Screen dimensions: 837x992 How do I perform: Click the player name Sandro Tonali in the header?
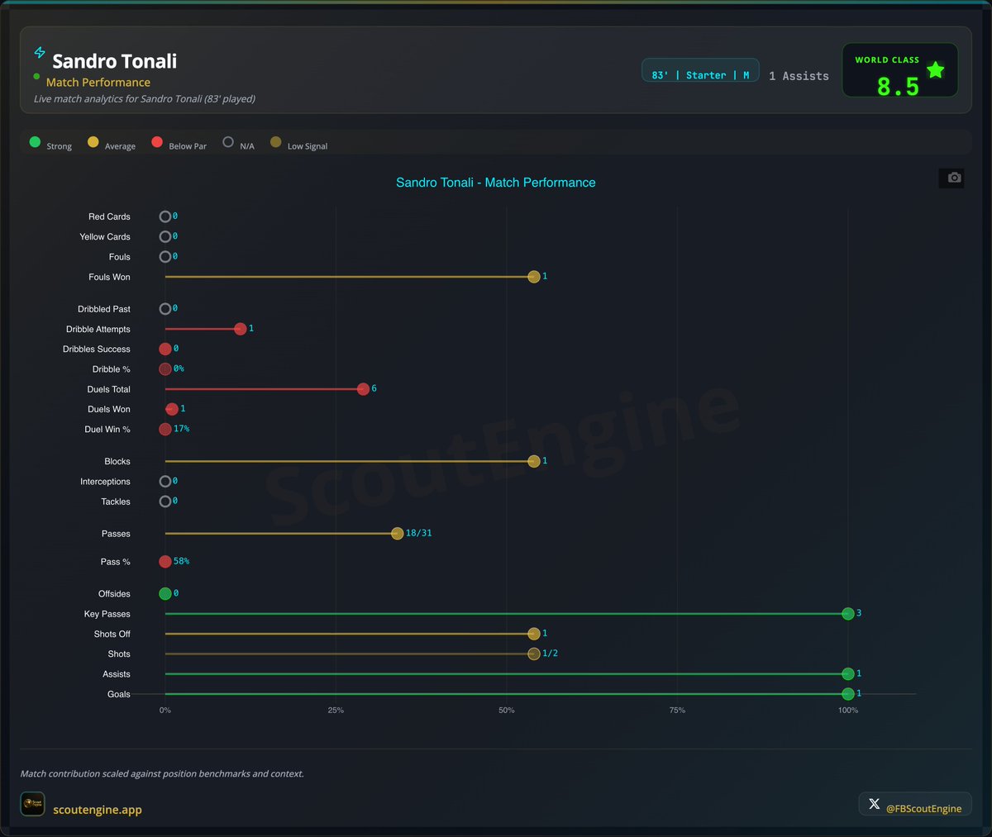114,61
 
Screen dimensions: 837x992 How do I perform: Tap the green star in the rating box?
935,70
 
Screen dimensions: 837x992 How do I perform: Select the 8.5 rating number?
898,87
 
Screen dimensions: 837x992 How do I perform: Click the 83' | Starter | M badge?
700,75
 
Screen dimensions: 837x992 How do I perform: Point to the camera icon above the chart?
954,178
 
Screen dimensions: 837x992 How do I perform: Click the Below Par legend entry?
179,144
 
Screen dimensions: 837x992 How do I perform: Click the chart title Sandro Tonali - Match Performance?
495,183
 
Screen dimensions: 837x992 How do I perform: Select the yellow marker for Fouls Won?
534,277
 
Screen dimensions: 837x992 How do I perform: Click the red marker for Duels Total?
363,389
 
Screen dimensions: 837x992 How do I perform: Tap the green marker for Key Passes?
847,613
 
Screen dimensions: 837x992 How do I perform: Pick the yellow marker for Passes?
397,534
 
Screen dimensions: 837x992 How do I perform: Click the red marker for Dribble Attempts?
240,329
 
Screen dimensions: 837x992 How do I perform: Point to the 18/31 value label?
418,533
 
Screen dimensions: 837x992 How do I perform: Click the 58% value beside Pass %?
181,561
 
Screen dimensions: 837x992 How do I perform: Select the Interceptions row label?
105,482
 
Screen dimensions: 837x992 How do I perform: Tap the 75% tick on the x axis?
677,711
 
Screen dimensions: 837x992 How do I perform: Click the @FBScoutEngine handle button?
915,805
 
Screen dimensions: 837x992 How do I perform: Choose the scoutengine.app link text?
98,810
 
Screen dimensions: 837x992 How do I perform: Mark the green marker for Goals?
847,694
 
